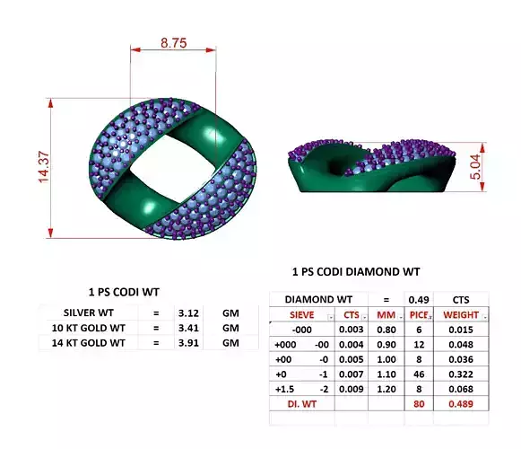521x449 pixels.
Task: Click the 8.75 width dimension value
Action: tap(173, 42)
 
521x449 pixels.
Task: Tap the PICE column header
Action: tap(416, 315)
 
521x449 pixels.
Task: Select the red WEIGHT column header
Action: tap(461, 315)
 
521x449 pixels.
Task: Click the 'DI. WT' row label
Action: tap(300, 406)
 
